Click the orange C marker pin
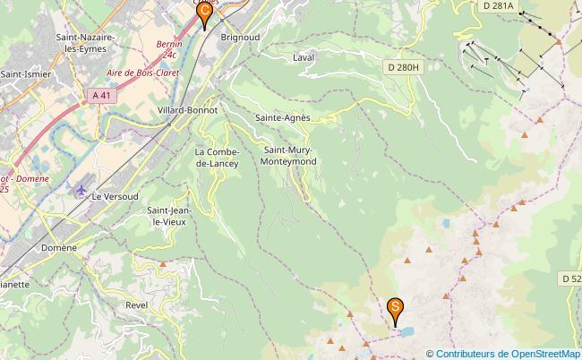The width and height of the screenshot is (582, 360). pos(204,13)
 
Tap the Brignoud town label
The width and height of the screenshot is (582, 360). pos(240,38)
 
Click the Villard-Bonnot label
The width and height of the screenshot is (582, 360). pos(184,109)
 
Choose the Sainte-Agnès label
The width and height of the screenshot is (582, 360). pos(282,117)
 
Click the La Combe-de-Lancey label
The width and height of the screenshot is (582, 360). pos(216,158)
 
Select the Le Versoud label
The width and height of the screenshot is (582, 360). pos(116,195)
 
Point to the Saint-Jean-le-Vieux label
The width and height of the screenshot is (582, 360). pos(167,215)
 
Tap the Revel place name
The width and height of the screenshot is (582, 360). pos(137,304)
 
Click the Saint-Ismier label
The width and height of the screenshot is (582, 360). pos(24,74)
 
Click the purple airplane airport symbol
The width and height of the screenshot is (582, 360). pos(82,191)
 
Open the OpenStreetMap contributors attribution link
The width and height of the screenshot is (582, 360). pos(508,354)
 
